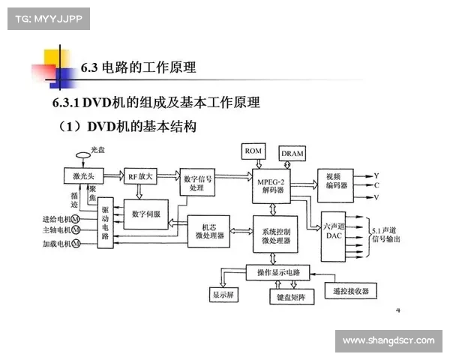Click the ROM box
(x=251, y=151)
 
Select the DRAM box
(x=292, y=153)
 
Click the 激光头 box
(x=82, y=176)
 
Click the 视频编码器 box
(x=334, y=181)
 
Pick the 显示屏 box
(x=224, y=295)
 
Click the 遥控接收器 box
(x=350, y=290)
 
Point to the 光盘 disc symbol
(x=83, y=156)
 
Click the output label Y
(x=376, y=175)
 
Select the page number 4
(x=398, y=309)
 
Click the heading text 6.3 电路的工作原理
(x=138, y=67)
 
